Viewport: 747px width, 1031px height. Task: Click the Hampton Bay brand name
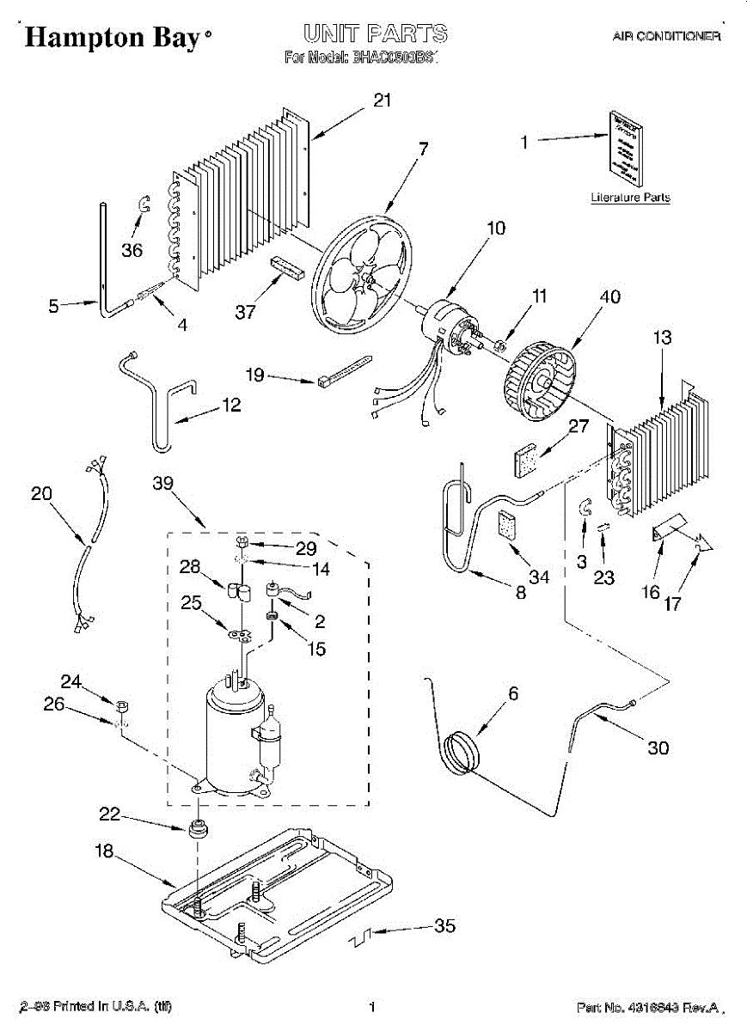click(x=113, y=37)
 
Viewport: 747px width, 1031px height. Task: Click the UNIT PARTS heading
click(x=374, y=34)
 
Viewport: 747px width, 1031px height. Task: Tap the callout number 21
click(x=382, y=100)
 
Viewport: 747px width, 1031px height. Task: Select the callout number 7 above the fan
click(x=422, y=147)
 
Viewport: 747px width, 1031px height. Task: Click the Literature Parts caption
click(x=630, y=198)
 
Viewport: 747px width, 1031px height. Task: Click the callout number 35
click(x=444, y=925)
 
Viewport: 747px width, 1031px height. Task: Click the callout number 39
click(x=162, y=484)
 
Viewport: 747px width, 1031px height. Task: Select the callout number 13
click(x=662, y=338)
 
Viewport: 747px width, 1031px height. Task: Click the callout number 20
click(x=40, y=494)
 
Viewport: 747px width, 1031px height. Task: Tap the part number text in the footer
click(x=648, y=1007)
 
